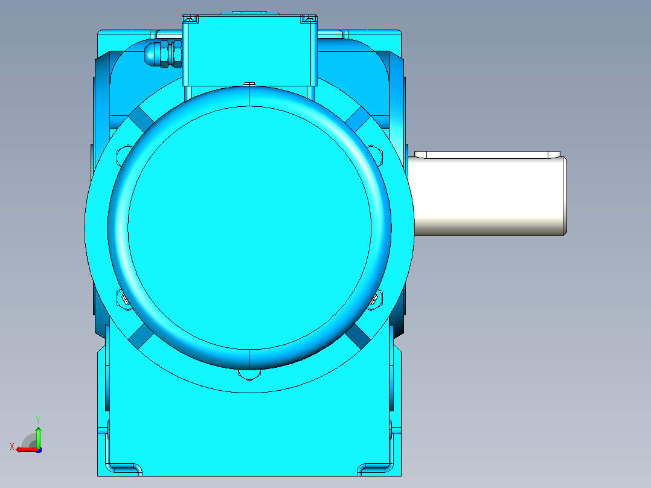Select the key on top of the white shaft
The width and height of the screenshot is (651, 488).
tap(487, 155)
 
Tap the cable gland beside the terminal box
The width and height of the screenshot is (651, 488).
tap(163, 54)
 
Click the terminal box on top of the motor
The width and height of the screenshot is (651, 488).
tap(249, 50)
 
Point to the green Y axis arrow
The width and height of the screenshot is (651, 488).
tap(38, 437)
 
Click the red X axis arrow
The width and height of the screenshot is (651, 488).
tap(27, 449)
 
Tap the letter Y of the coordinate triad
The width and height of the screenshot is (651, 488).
tap(38, 420)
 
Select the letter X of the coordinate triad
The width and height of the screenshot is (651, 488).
tap(12, 446)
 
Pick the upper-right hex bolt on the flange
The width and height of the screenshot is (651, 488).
tap(376, 155)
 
